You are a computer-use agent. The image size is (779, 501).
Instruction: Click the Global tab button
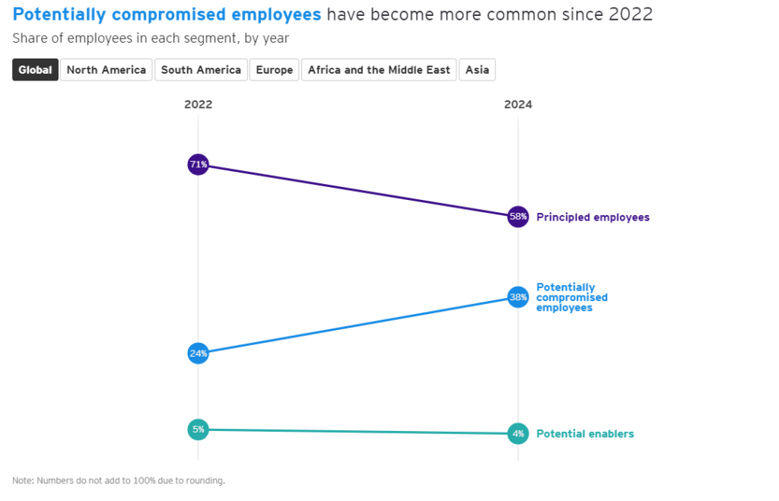coord(35,70)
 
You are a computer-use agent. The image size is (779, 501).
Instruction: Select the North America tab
coord(107,70)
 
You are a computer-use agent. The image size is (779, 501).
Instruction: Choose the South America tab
coord(201,70)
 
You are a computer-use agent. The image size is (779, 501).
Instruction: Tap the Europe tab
coord(275,70)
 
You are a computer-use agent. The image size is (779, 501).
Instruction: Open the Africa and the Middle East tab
coord(379,70)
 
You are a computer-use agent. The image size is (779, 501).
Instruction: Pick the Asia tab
coord(478,70)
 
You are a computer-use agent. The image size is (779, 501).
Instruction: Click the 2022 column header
coord(199,105)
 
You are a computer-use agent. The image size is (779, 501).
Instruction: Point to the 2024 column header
coord(518,105)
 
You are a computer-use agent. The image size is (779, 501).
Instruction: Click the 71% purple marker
coord(199,164)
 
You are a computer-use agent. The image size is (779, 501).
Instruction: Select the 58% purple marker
coord(518,217)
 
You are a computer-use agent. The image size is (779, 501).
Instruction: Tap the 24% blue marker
coord(199,354)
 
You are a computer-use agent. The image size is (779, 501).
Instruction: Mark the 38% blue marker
coord(518,297)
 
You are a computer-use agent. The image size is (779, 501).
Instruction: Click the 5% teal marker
coord(199,430)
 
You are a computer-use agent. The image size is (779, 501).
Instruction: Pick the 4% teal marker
coord(518,434)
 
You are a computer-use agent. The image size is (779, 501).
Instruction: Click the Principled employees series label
coord(593,217)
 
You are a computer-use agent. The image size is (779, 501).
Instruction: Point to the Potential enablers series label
coord(585,434)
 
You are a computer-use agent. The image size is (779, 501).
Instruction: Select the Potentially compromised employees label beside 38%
coord(571,297)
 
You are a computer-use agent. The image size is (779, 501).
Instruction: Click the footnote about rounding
coord(119,480)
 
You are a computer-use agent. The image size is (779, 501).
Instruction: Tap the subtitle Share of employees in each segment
coord(151,38)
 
